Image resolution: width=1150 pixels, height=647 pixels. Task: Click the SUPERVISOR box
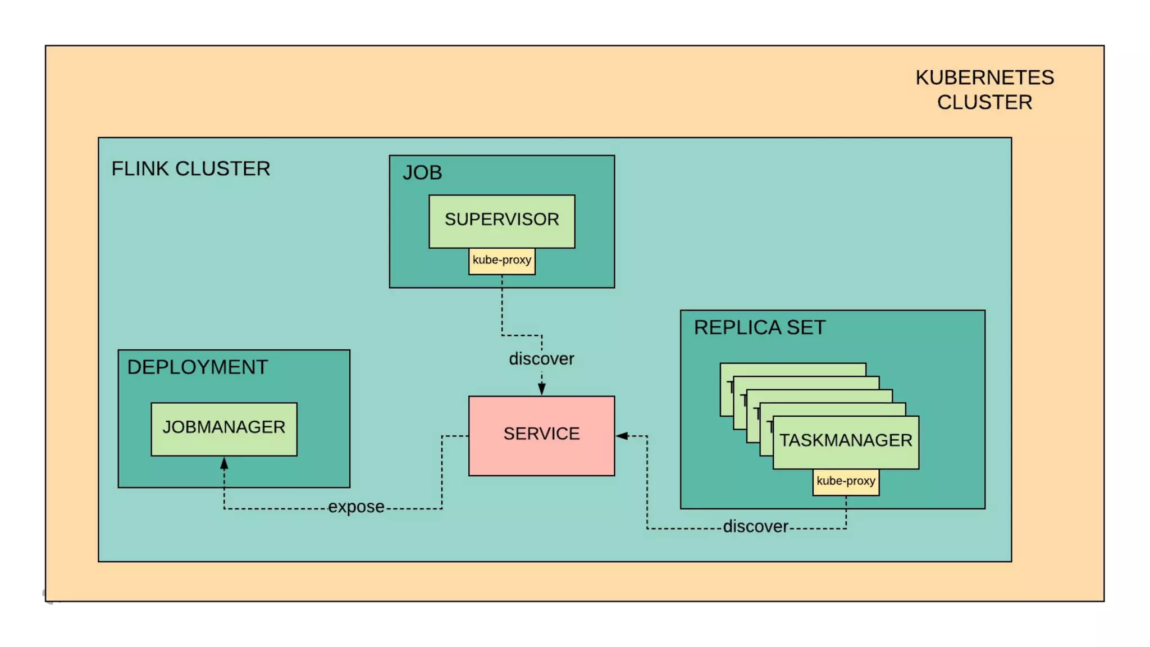[501, 221]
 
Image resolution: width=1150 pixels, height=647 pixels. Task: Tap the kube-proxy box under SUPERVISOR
[501, 261]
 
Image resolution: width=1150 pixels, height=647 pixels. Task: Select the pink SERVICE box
[541, 435]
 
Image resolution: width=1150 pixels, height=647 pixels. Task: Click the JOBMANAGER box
[223, 429]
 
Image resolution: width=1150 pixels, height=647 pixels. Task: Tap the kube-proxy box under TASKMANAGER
[846, 482]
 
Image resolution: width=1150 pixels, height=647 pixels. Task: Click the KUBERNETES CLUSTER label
[984, 90]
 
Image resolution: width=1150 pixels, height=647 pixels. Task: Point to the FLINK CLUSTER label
[190, 168]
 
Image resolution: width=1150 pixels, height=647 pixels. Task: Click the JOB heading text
[422, 172]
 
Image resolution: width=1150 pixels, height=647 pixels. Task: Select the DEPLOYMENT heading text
[197, 367]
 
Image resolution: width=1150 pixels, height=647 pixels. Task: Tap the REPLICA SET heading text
[759, 327]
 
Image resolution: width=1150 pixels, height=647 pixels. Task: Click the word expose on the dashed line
[356, 507]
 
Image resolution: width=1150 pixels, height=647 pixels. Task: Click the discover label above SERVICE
[541, 359]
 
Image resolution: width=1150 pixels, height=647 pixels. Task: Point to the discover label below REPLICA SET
[755, 527]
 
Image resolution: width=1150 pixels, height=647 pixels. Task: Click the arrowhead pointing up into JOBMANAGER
[224, 463]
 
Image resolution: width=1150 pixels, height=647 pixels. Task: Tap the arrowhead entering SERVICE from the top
[541, 389]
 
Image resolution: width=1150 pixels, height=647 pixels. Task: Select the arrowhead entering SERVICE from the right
[622, 435]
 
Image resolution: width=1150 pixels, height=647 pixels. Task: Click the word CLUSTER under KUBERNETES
[984, 103]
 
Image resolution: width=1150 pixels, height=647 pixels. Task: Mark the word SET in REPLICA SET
[806, 327]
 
